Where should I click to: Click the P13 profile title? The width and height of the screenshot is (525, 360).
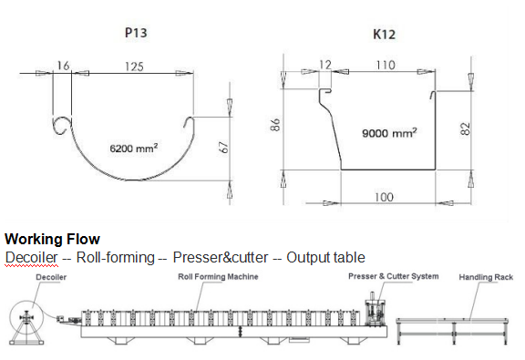pos(135,33)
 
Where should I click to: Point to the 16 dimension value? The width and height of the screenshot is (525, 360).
pos(63,66)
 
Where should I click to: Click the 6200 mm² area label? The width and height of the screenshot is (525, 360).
pos(133,146)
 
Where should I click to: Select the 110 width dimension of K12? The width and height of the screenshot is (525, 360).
pos(385,66)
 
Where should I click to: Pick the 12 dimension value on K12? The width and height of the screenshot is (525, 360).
pos(325,66)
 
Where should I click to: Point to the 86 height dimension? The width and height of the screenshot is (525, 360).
pos(273,126)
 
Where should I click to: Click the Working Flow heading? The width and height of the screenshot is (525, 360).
pos(52,240)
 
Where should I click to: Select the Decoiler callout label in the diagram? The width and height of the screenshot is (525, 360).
pos(51,275)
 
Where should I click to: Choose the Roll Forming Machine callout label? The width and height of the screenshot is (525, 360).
pos(218,276)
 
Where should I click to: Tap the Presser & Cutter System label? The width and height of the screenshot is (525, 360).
pos(393,275)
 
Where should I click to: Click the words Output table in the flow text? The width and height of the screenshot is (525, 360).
pos(325,257)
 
